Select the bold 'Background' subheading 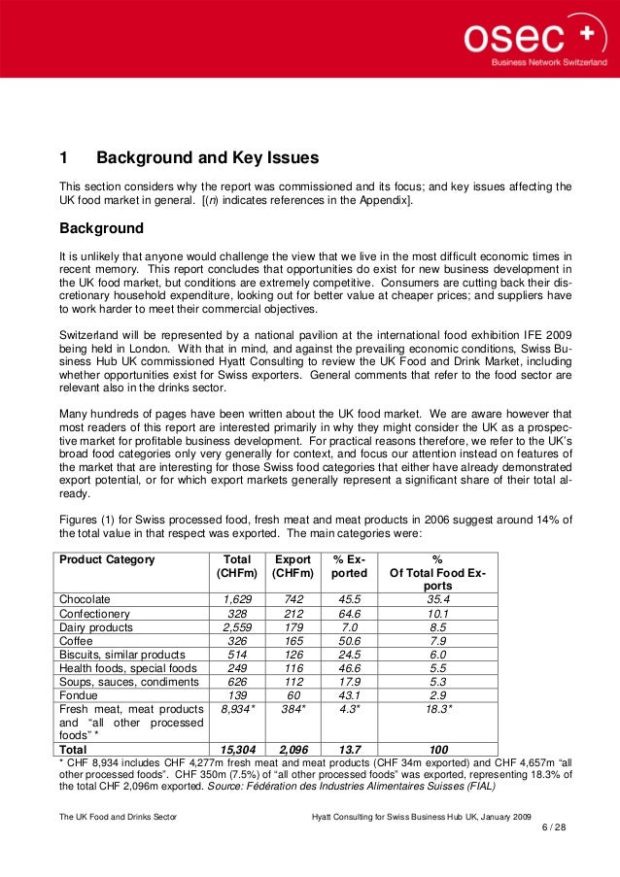[102, 229]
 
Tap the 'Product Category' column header [107, 559]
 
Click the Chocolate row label [86, 599]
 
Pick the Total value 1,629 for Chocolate [237, 599]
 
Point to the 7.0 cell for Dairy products [350, 627]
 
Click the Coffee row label [77, 641]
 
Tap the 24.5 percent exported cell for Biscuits [350, 655]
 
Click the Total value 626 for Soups [237, 683]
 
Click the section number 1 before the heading [63, 157]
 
